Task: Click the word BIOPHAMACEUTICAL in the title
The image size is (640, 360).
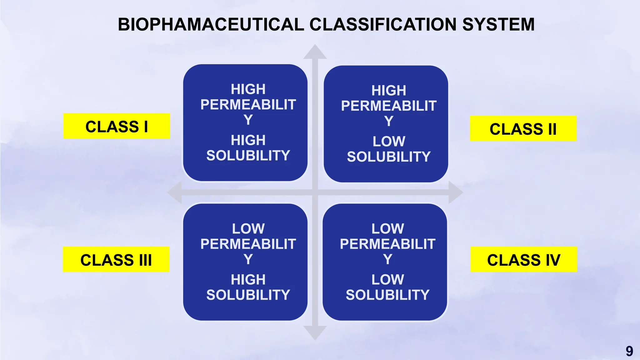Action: pyautogui.click(x=211, y=24)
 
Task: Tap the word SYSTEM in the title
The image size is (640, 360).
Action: pyautogui.click(x=498, y=24)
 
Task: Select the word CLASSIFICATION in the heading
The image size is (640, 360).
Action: pyautogui.click(x=383, y=24)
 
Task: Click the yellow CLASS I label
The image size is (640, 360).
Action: pyautogui.click(x=117, y=126)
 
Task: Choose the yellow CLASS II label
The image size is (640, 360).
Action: pyautogui.click(x=523, y=129)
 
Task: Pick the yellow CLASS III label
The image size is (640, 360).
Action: pyautogui.click(x=116, y=259)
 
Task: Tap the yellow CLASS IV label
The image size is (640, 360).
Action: pyautogui.click(x=524, y=259)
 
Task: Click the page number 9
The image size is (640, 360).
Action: pyautogui.click(x=629, y=351)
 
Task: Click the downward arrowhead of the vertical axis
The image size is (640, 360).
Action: pyautogui.click(x=315, y=332)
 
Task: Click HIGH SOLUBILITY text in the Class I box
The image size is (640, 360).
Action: pyautogui.click(x=248, y=148)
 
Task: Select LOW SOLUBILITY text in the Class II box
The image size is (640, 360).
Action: pyautogui.click(x=389, y=149)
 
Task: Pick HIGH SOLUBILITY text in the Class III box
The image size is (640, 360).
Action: pyautogui.click(x=248, y=287)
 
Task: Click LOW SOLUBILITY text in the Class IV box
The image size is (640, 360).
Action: pyautogui.click(x=387, y=287)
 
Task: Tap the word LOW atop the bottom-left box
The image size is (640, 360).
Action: pyautogui.click(x=248, y=229)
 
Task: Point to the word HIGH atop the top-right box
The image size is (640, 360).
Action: pyautogui.click(x=389, y=91)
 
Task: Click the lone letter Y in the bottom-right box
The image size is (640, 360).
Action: pyautogui.click(x=387, y=259)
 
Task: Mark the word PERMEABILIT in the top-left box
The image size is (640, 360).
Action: pyautogui.click(x=248, y=105)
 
